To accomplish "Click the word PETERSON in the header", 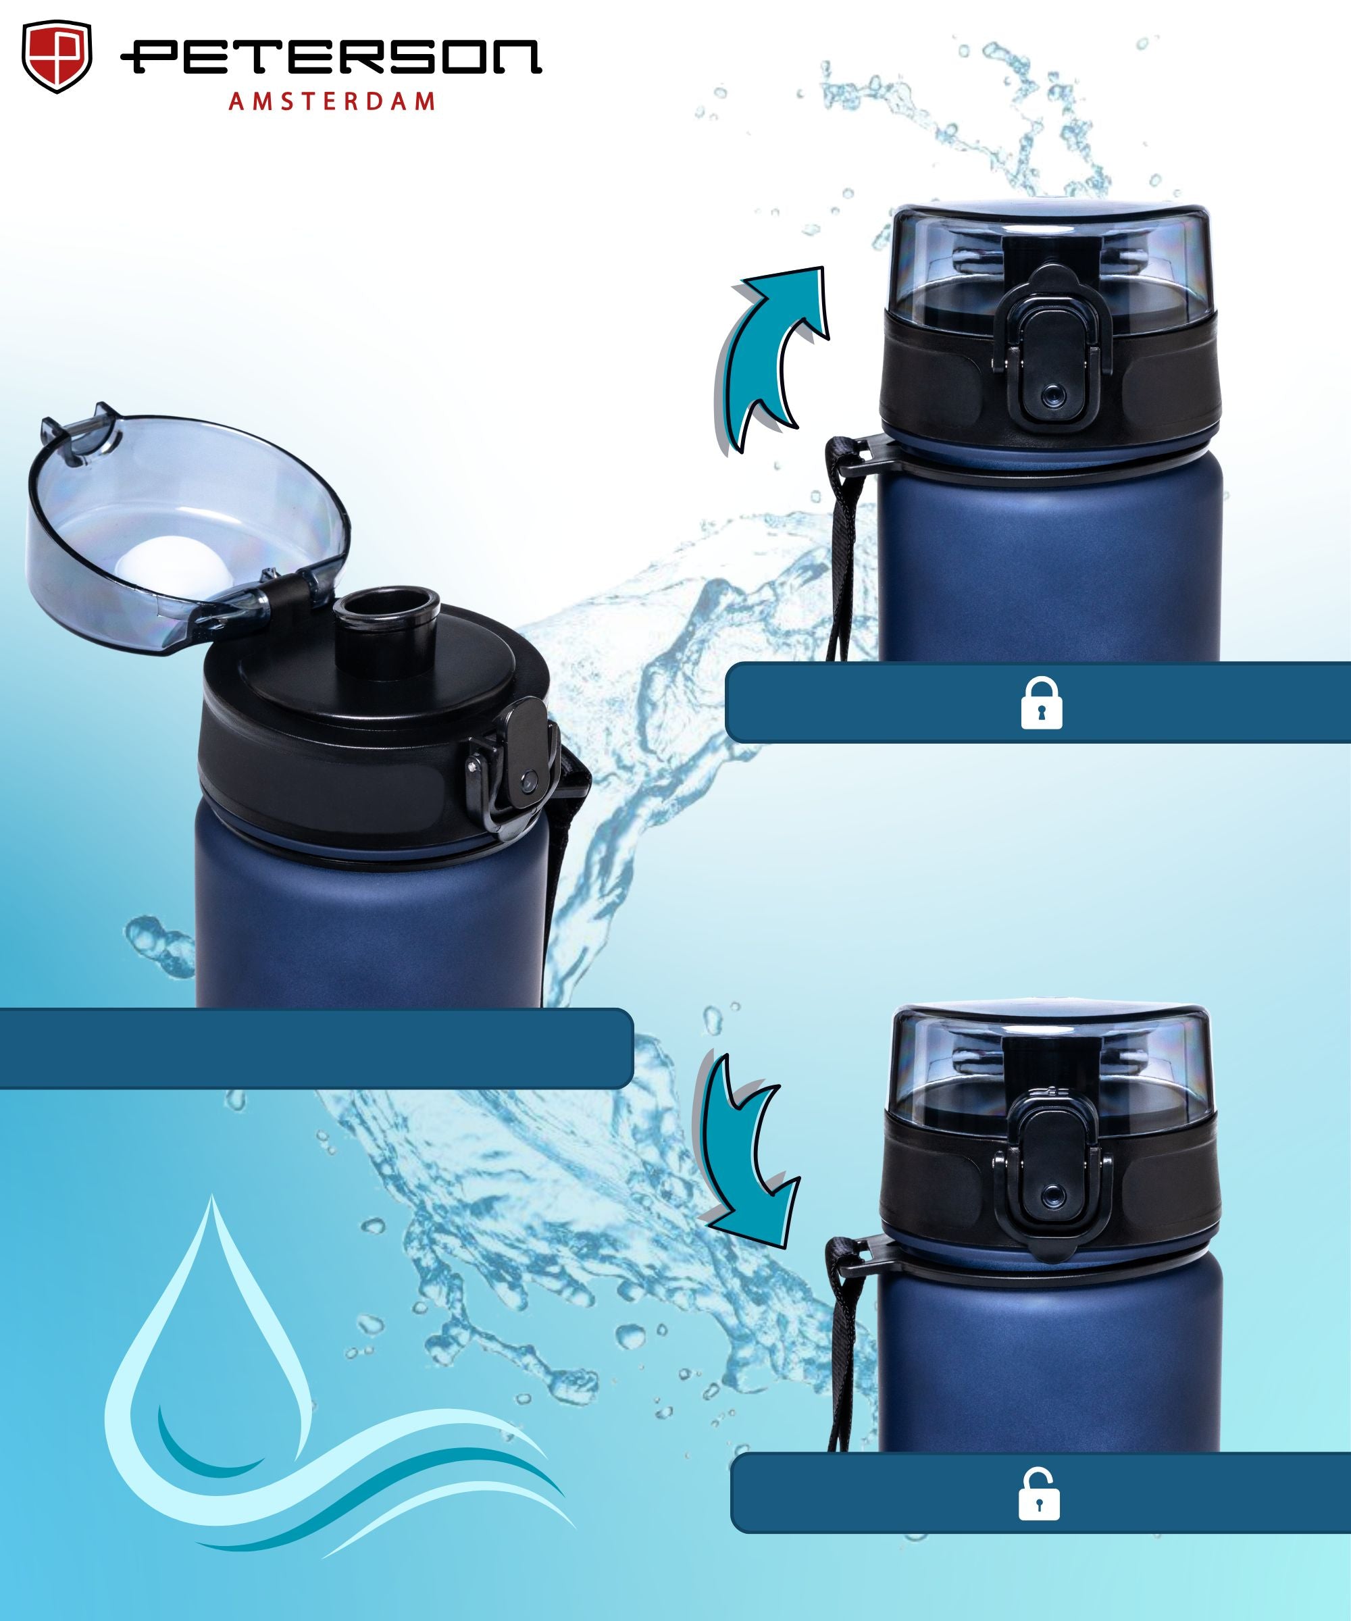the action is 331,57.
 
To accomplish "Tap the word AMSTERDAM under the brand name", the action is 332,101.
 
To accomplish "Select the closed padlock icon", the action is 1042,702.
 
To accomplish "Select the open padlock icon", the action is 1039,1493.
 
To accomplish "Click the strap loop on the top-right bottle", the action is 849,540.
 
